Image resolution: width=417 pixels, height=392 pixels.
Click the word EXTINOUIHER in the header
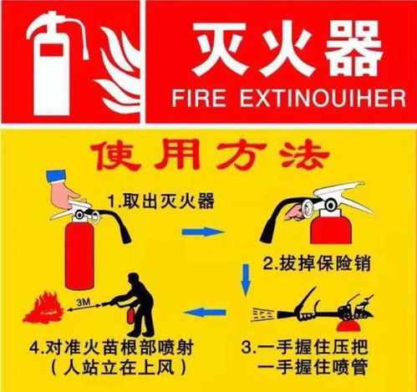pyautogui.click(x=323, y=98)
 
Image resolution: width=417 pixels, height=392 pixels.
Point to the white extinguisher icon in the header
pyautogui.click(x=56, y=64)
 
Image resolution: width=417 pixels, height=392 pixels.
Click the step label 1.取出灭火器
pyautogui.click(x=161, y=201)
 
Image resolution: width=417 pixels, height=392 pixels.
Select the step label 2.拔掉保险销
pyautogui.click(x=317, y=262)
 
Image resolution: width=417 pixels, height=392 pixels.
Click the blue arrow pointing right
pyautogui.click(x=203, y=232)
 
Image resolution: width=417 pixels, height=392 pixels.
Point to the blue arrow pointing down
pyautogui.click(x=246, y=279)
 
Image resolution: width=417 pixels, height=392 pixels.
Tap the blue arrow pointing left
pyautogui.click(x=205, y=312)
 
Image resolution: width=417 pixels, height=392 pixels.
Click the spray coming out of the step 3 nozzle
pyautogui.click(x=263, y=314)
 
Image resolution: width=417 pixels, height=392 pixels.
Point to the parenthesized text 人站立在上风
pyautogui.click(x=119, y=369)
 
